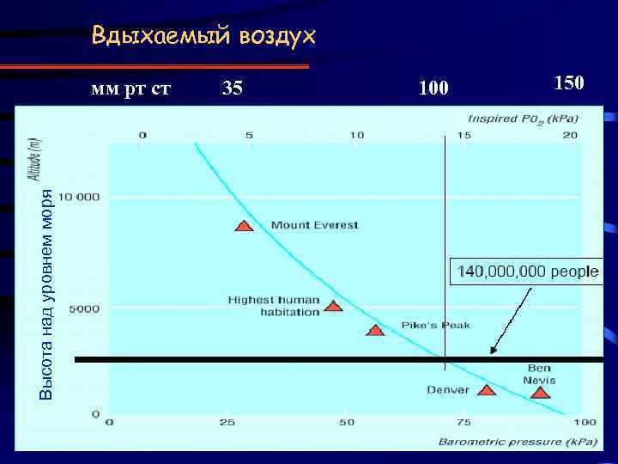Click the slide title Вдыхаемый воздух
click(x=203, y=37)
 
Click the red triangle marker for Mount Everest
click(x=245, y=227)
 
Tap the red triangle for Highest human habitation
click(x=334, y=306)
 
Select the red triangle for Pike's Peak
click(x=375, y=330)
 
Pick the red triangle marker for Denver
click(x=487, y=390)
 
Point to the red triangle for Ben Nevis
click(x=540, y=393)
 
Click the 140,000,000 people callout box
click(x=528, y=272)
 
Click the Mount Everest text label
click(x=314, y=226)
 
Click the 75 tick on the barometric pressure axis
click(x=463, y=423)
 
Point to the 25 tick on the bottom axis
click(x=227, y=423)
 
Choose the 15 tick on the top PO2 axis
click(x=463, y=135)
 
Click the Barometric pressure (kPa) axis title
click(x=512, y=442)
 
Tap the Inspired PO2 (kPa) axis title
click(x=523, y=117)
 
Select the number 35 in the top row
click(x=232, y=87)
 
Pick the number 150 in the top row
click(x=568, y=82)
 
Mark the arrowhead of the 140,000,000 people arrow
click(x=492, y=351)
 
